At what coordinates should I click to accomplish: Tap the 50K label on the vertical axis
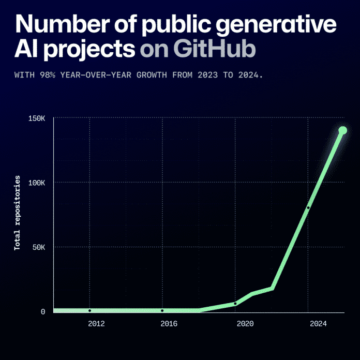pyautogui.click(x=38, y=247)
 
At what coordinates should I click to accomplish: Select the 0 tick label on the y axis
pyautogui.click(x=43, y=312)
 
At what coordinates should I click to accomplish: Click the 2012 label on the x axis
pyautogui.click(x=96, y=324)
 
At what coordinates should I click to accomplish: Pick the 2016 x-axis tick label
pyautogui.click(x=169, y=324)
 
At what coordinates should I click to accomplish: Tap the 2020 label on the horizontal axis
pyautogui.click(x=245, y=324)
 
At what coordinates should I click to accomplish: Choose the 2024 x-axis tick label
pyautogui.click(x=318, y=324)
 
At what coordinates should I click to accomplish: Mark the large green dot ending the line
pyautogui.click(x=342, y=130)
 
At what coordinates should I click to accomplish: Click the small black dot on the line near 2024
pyautogui.click(x=308, y=207)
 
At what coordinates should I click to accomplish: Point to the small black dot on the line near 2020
pyautogui.click(x=235, y=304)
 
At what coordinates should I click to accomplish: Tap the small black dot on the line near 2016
pyautogui.click(x=162, y=310)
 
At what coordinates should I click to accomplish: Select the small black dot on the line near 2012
pyautogui.click(x=89, y=310)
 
